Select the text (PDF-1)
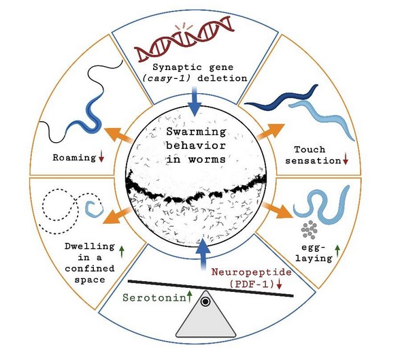tap(250, 283)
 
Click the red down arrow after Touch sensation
tap(346, 161)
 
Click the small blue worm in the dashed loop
tap(93, 203)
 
